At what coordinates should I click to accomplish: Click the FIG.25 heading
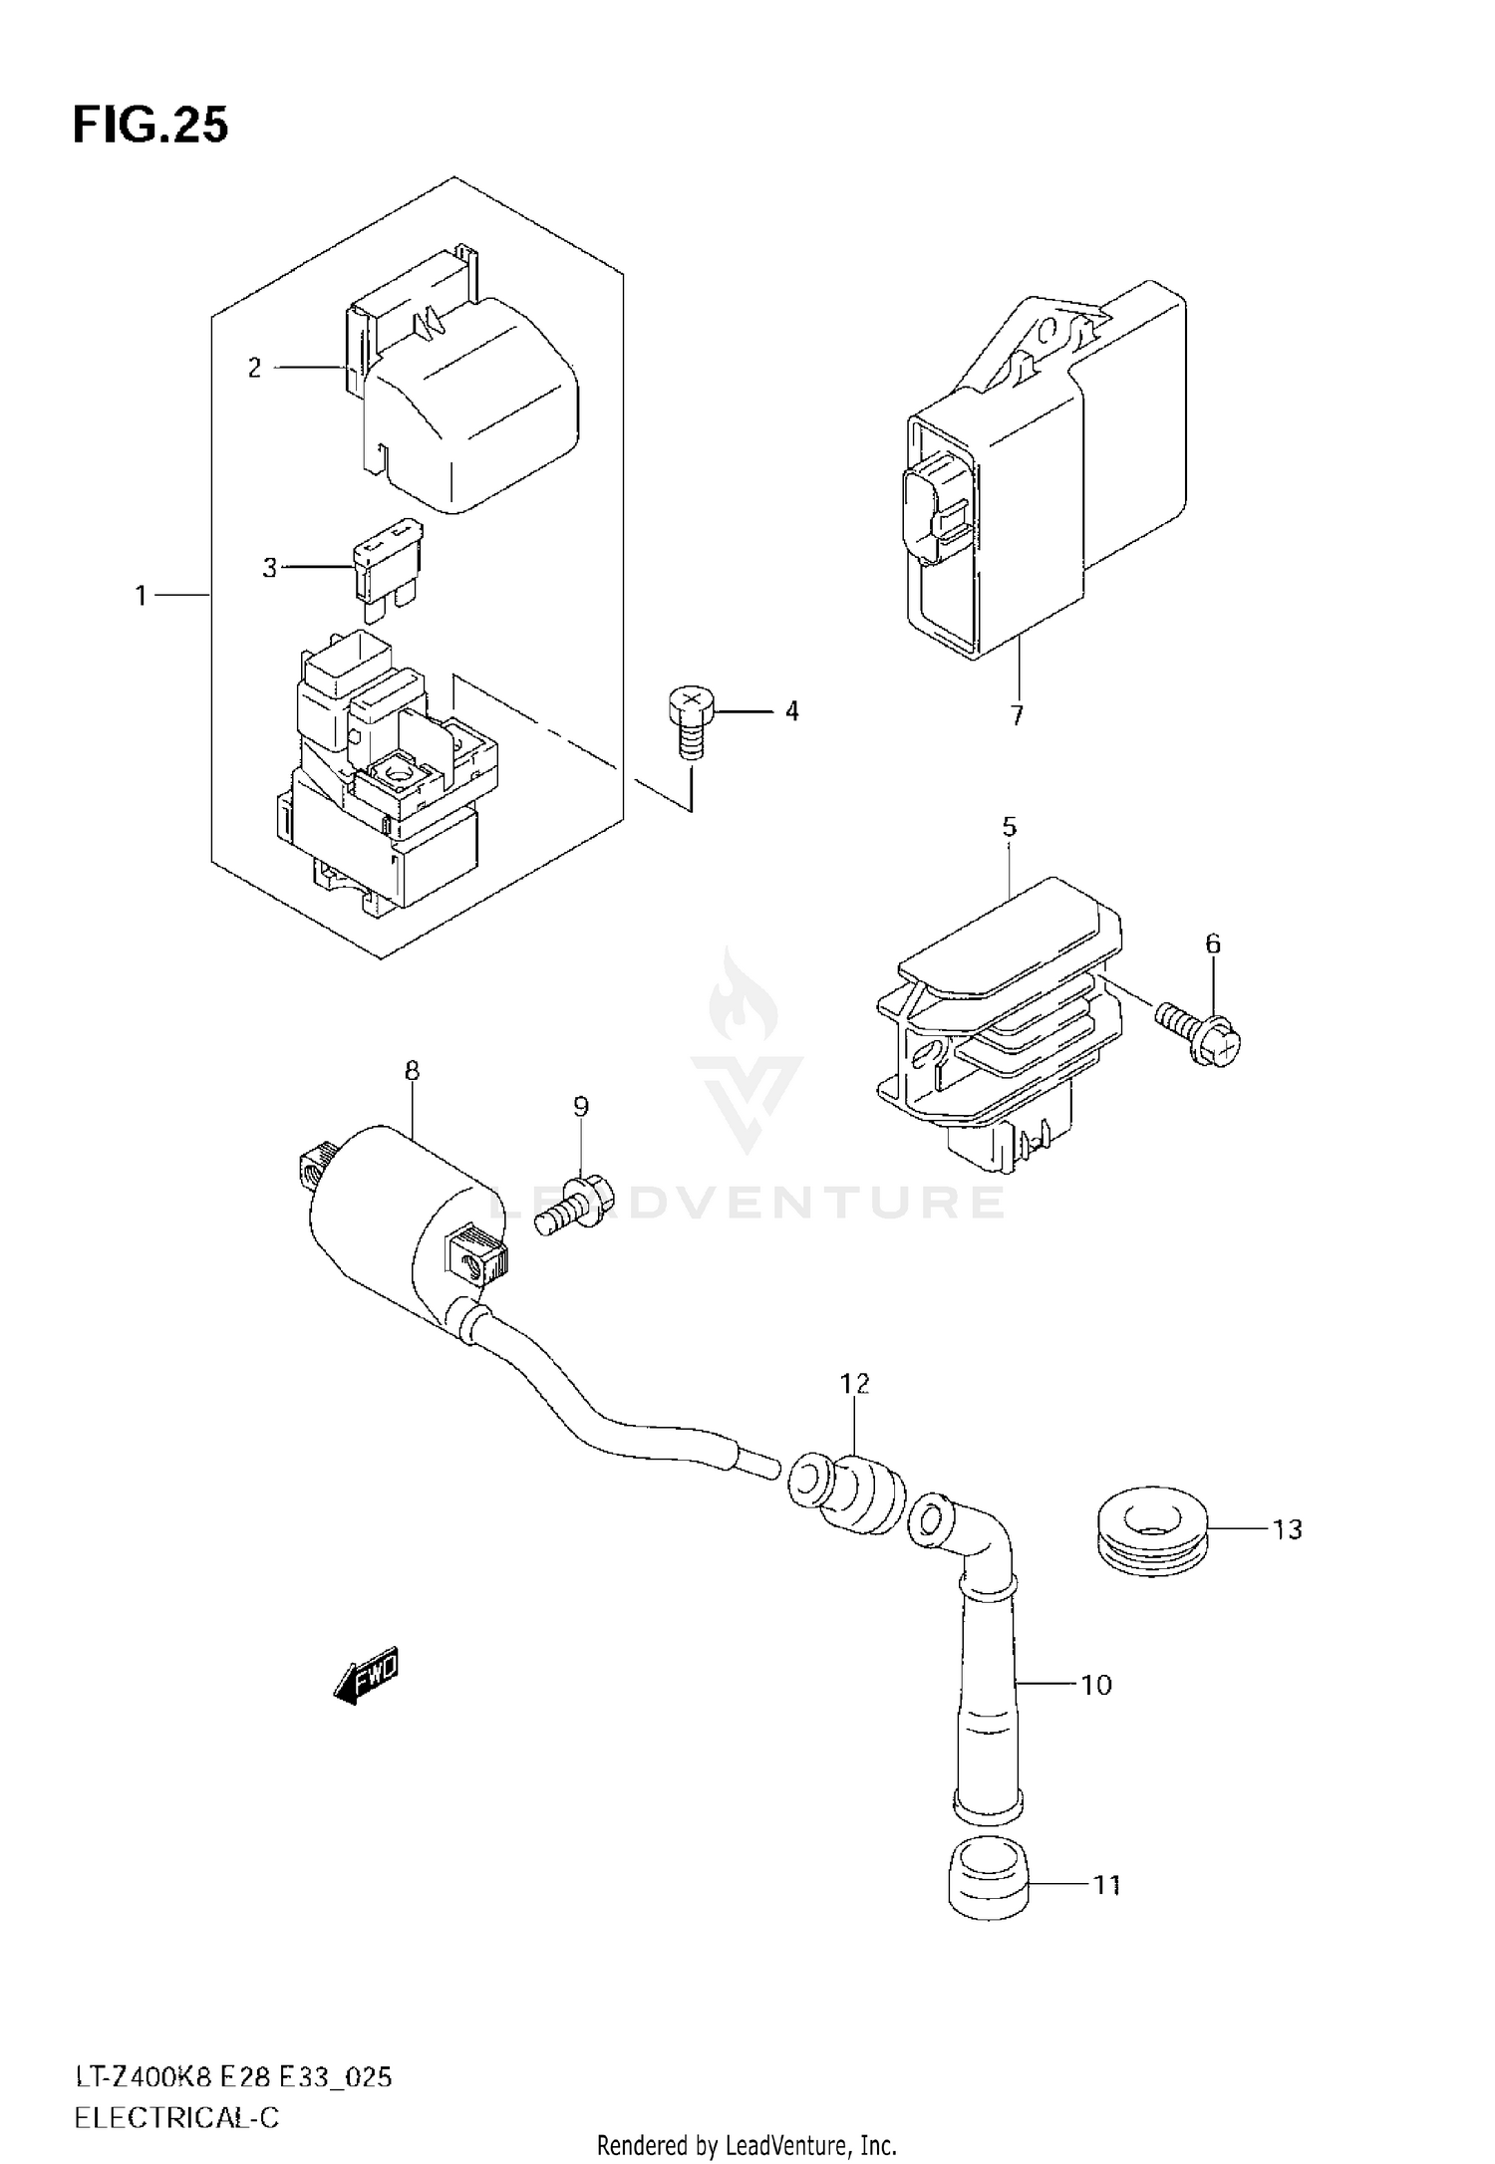coord(149,127)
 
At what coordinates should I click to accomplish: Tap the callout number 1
coord(141,596)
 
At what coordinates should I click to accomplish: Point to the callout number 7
coord(1017,715)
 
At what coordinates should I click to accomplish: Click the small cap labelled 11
coord(987,1876)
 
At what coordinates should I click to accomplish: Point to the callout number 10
coord(1096,1685)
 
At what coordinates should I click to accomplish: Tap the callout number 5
coord(1010,827)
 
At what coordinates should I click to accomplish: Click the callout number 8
coord(412,1072)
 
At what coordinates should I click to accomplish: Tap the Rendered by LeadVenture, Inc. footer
coord(747,2144)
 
